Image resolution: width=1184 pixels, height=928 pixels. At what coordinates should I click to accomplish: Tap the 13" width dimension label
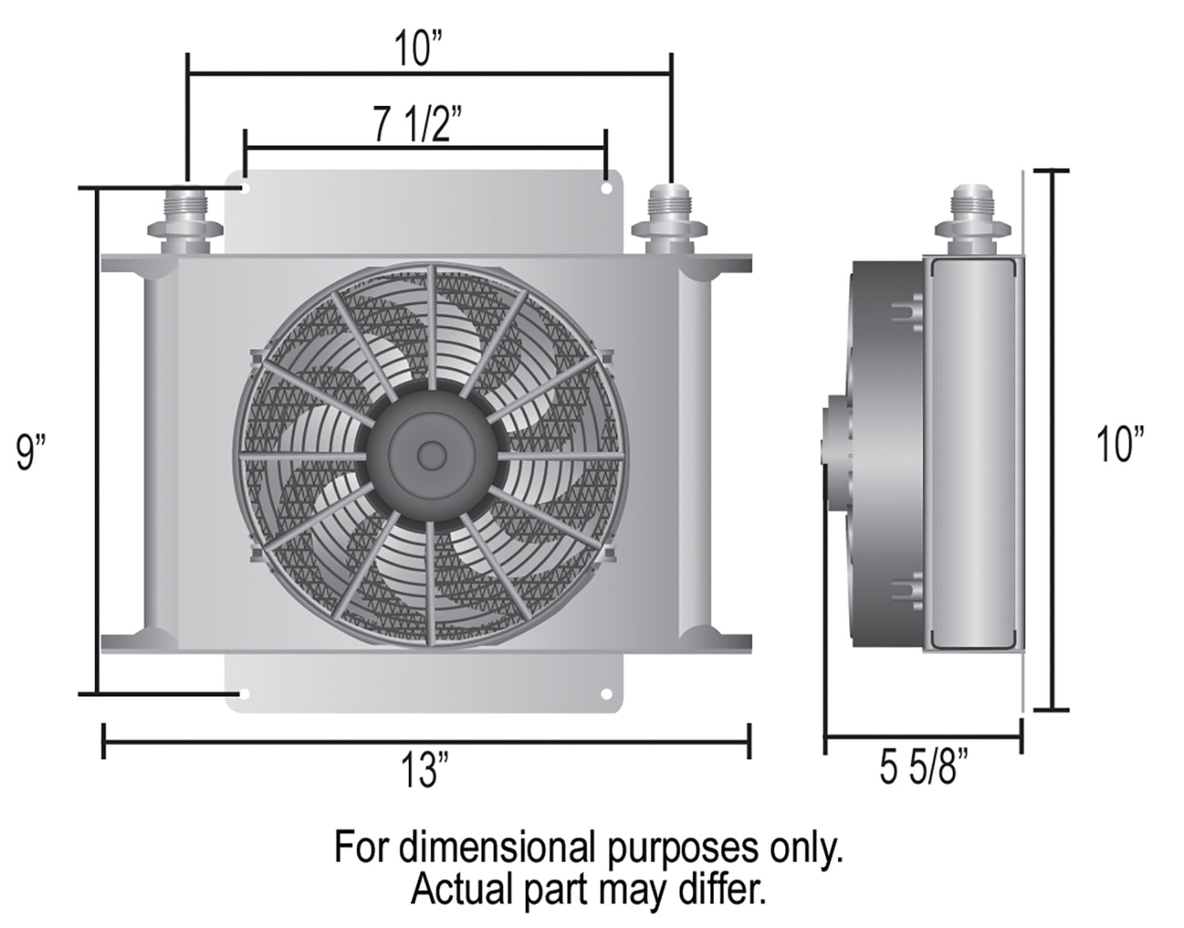click(x=424, y=770)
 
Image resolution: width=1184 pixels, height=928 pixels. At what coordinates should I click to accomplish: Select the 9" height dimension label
click(x=31, y=452)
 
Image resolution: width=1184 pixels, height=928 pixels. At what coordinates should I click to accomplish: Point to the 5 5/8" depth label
click(x=923, y=767)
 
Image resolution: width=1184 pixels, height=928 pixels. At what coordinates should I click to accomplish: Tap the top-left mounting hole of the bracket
click(x=244, y=189)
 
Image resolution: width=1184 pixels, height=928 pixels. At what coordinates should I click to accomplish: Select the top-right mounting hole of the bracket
click(x=606, y=189)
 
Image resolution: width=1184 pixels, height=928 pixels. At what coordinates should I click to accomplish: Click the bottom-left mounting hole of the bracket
click(x=243, y=694)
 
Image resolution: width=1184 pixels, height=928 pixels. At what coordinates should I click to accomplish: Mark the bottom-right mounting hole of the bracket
click(x=606, y=694)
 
